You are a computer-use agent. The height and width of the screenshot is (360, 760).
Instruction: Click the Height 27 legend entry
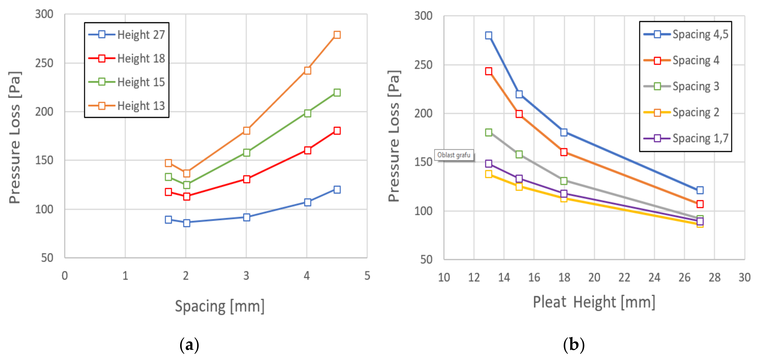pos(127,35)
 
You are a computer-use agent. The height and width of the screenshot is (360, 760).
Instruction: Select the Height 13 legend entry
pos(127,106)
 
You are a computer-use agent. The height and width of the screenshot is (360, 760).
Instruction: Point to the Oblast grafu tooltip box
pos(454,155)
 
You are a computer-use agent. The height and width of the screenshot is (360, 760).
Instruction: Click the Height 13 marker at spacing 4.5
pos(337,35)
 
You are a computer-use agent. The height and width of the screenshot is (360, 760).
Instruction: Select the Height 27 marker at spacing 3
pos(247,217)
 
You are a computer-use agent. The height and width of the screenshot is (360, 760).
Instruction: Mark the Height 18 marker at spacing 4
pos(308,150)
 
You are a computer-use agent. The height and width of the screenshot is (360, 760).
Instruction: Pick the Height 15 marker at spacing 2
pos(186,185)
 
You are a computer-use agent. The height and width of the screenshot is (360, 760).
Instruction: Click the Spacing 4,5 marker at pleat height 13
pos(489,36)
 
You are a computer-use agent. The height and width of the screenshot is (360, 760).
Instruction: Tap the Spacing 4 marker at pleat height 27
pos(700,204)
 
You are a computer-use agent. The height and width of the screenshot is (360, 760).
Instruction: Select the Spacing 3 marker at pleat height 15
pos(519,154)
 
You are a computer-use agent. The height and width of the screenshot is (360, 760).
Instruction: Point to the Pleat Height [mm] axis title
pos(594,302)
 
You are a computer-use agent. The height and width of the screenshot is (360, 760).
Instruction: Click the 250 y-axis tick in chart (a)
pos(44,63)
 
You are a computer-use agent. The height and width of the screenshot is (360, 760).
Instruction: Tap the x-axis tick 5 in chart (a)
pos(367,276)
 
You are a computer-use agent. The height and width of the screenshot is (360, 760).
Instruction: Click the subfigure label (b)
pos(574,345)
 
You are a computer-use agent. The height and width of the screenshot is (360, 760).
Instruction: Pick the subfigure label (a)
pos(189,345)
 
